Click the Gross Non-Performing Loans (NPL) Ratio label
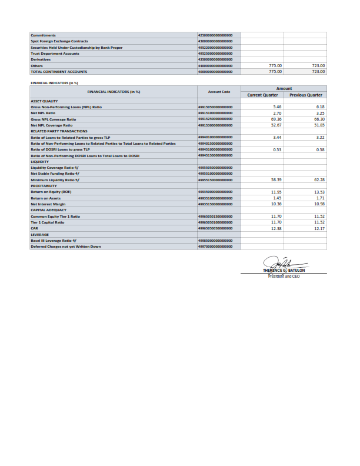click(66, 106)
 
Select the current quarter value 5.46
click(278, 106)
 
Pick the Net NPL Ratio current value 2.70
click(278, 112)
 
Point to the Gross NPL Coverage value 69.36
click(276, 119)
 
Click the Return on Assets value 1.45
click(278, 198)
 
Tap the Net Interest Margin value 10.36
click(276, 204)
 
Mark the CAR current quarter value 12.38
click(276, 228)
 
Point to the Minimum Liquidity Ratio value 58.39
click(276, 179)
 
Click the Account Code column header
click(218, 92)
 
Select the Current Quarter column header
click(262, 95)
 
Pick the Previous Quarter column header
click(306, 95)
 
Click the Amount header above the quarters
click(284, 88)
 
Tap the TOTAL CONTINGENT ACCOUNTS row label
click(59, 71)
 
